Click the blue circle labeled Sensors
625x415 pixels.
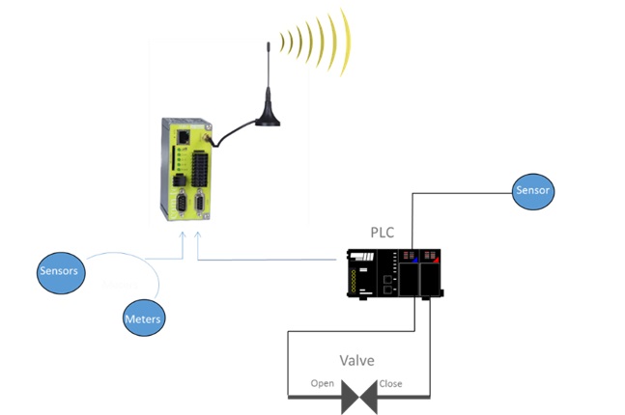(58, 271)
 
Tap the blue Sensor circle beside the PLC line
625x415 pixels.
(533, 190)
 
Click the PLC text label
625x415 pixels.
(384, 233)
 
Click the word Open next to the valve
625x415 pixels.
(323, 383)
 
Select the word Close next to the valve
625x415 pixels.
(390, 383)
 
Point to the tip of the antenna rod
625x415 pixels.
(268, 44)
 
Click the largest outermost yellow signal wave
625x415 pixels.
(341, 41)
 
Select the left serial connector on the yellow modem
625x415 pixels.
(178, 206)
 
